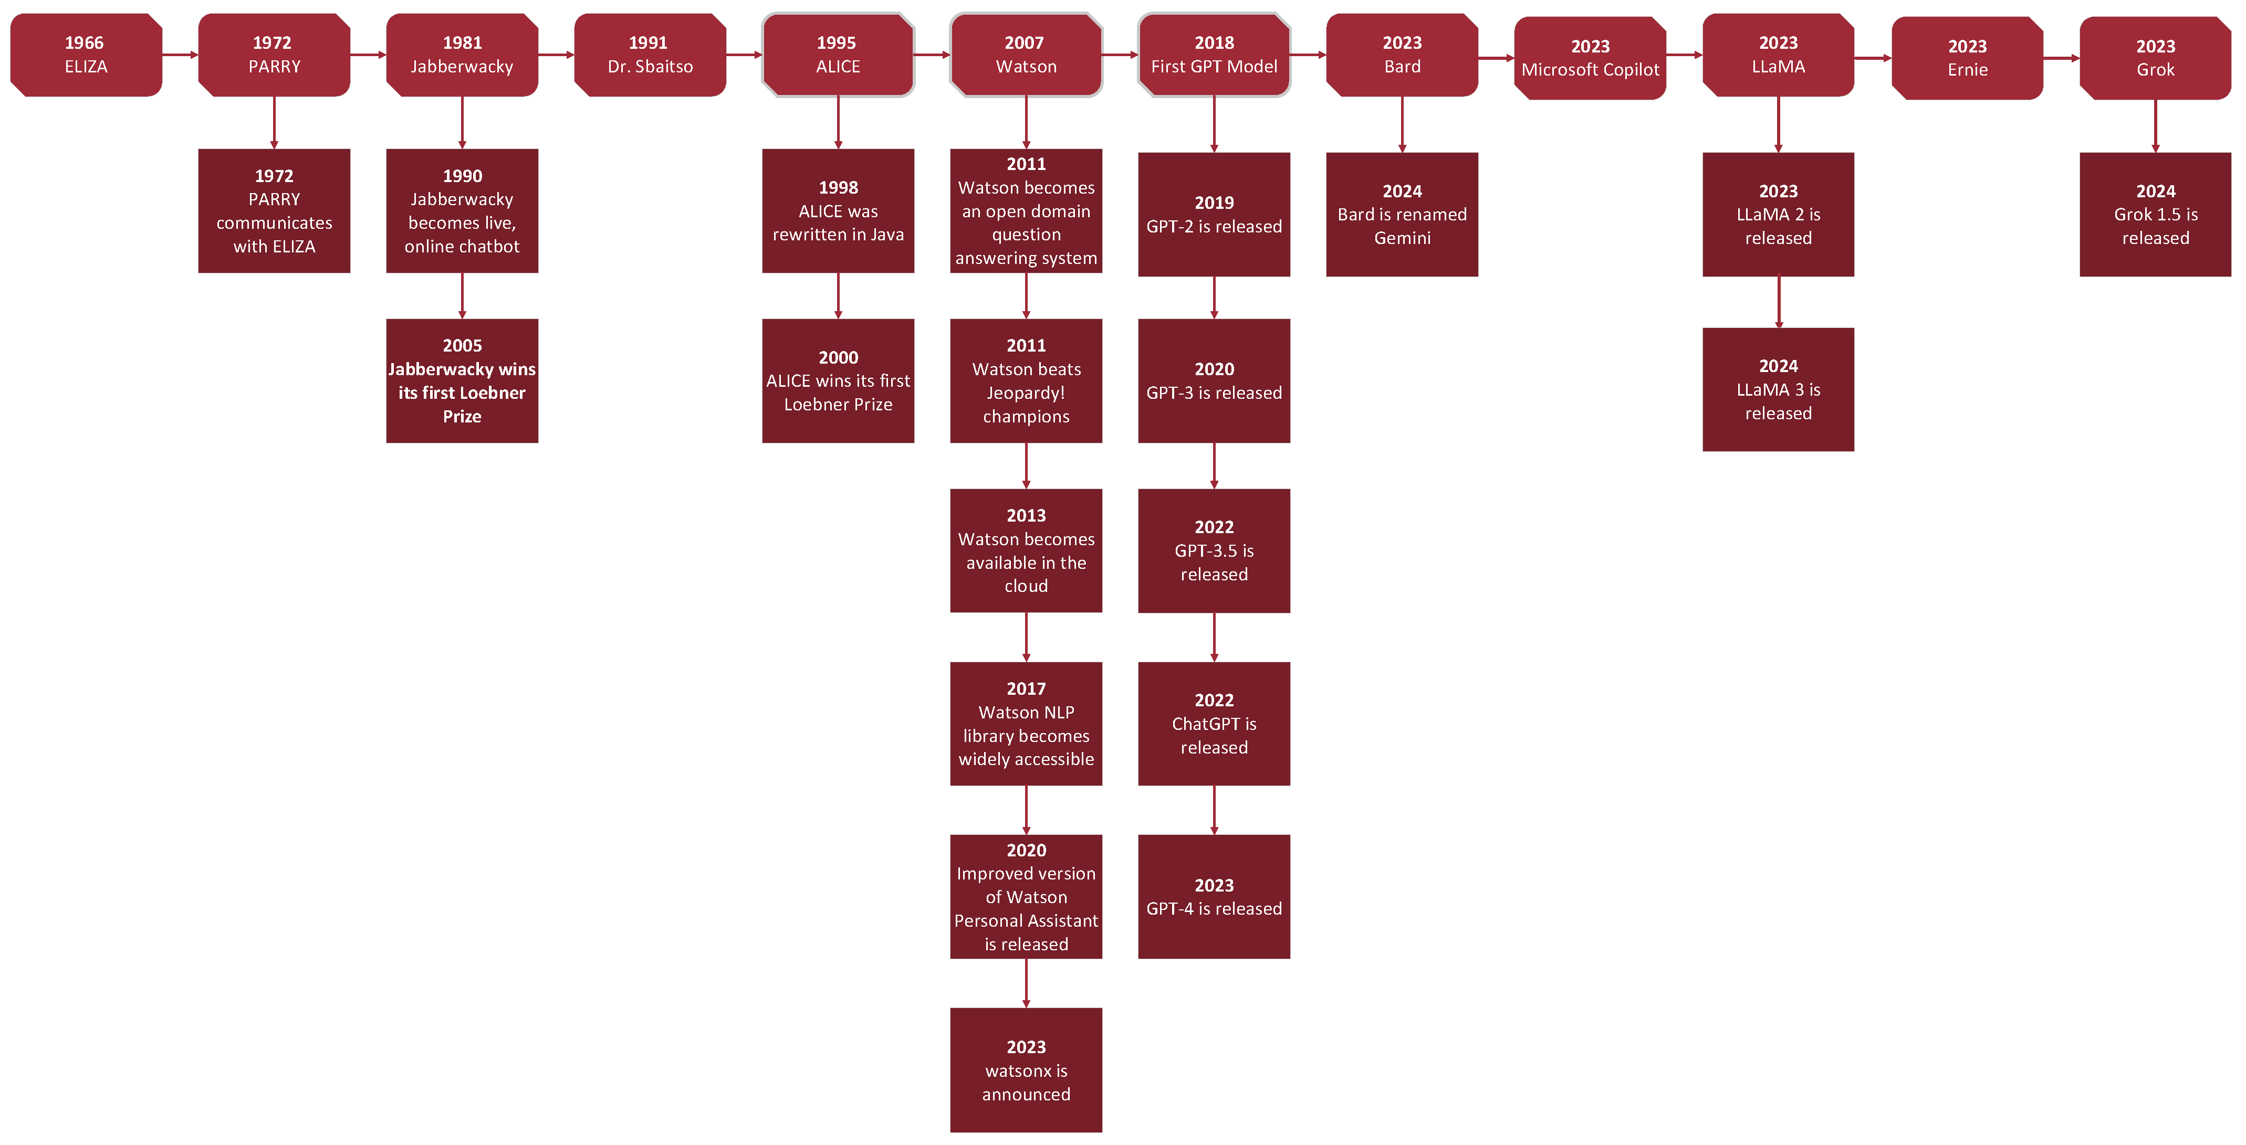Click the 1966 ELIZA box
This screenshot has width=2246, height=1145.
click(86, 55)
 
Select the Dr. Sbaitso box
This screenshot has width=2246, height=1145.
click(650, 55)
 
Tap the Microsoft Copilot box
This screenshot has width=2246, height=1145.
click(1590, 58)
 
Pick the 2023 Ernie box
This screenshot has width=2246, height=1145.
click(1967, 58)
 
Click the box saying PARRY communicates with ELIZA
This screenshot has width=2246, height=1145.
click(274, 211)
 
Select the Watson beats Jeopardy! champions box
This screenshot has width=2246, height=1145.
click(1026, 381)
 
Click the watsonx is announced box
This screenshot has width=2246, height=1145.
click(1026, 1070)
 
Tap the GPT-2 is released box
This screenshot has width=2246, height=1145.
click(1214, 215)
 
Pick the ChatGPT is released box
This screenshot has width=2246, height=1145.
click(1214, 723)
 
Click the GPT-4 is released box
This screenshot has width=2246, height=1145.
click(1214, 897)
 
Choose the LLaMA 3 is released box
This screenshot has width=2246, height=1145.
click(1778, 389)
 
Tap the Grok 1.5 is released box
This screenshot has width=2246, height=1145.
click(2155, 215)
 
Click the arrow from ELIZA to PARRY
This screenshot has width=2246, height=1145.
click(180, 55)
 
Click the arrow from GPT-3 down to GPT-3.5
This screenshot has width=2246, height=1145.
click(1214, 465)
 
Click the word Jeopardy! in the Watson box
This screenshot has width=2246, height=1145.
click(1026, 393)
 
